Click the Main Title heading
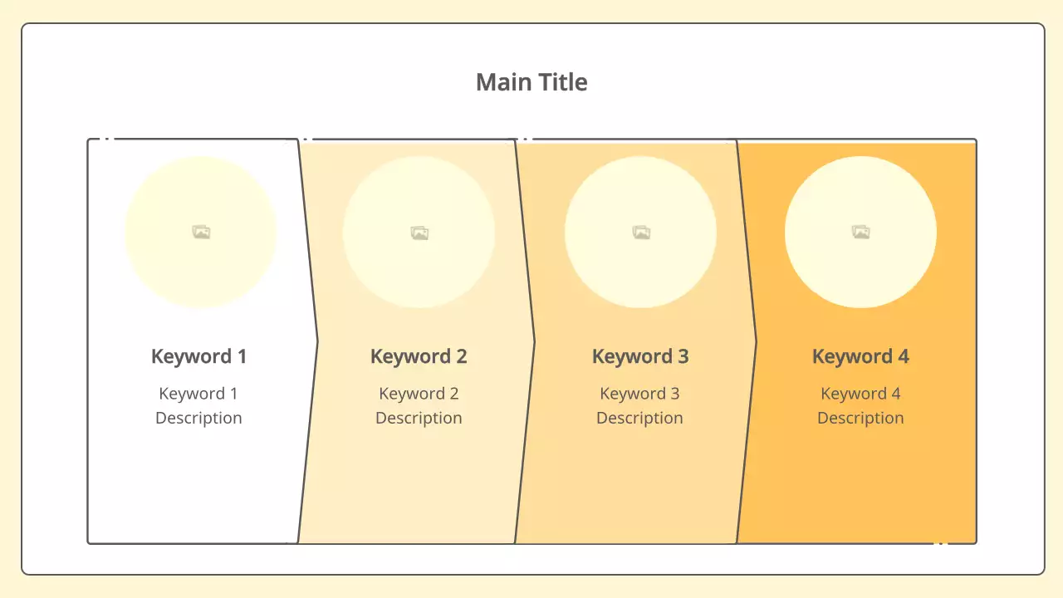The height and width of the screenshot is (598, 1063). (x=531, y=82)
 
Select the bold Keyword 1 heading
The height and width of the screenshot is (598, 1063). (x=198, y=356)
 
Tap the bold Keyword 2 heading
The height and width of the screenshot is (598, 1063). (x=419, y=356)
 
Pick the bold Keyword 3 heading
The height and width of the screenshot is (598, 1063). (x=640, y=356)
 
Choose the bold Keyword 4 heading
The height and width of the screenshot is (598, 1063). (x=860, y=356)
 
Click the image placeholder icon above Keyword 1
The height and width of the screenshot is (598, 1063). (x=201, y=233)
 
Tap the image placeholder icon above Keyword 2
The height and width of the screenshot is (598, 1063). (x=419, y=233)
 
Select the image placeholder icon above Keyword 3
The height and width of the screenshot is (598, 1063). (x=640, y=233)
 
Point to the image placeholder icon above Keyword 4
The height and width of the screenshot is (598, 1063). (x=860, y=233)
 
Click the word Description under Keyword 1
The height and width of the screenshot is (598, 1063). (x=198, y=418)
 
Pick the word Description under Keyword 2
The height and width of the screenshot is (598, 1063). (x=419, y=418)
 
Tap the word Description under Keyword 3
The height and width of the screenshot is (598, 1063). (x=639, y=418)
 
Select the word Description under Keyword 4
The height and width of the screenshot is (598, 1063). (x=860, y=418)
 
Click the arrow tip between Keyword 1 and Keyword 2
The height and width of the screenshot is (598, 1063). (x=317, y=340)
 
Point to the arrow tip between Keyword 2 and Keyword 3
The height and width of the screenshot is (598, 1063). (x=534, y=340)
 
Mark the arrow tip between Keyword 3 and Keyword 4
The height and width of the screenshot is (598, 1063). (x=756, y=340)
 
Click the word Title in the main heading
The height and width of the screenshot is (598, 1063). (x=561, y=82)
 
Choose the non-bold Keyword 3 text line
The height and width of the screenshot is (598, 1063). (x=639, y=394)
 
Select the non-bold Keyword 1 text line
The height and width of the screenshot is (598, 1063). (x=198, y=394)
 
